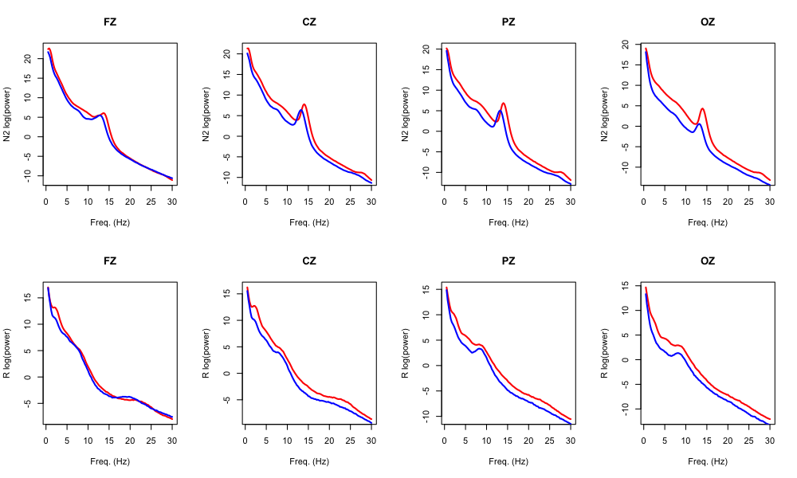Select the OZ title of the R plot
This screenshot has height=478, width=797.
point(707,261)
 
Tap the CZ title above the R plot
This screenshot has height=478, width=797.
point(308,261)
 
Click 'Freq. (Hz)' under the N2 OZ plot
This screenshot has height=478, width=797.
point(707,222)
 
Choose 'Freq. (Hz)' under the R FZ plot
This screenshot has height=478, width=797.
point(109,461)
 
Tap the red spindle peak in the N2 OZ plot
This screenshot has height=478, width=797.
point(702,108)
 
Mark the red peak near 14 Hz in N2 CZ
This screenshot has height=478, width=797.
point(304,104)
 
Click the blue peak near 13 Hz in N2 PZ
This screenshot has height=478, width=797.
point(500,111)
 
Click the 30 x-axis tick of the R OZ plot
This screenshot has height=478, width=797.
point(769,439)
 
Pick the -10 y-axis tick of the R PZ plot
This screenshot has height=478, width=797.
point(426,415)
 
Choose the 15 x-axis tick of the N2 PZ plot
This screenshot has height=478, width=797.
point(507,200)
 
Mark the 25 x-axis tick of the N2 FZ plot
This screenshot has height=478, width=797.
point(151,200)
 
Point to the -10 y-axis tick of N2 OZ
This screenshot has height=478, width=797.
point(625,167)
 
